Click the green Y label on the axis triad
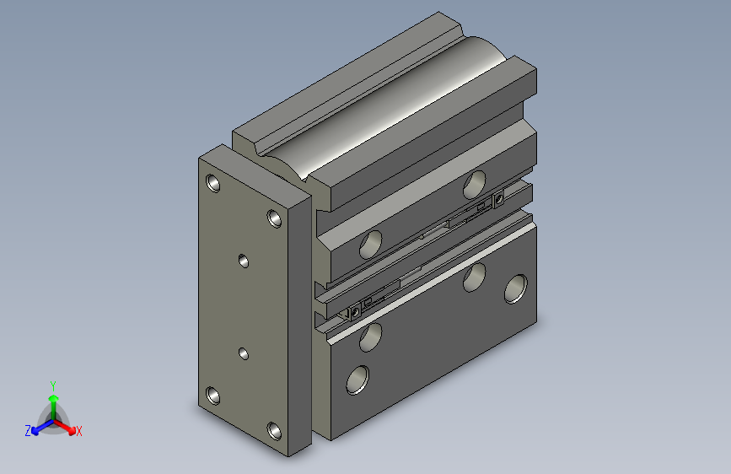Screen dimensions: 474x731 (53, 385)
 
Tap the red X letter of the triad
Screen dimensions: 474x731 (78, 432)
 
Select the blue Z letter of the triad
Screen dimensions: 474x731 (28, 431)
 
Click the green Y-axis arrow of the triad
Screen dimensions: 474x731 (53, 400)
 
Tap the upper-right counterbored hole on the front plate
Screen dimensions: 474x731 (274, 218)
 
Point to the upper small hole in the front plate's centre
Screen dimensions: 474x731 (244, 261)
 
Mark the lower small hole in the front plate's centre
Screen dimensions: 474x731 (244, 353)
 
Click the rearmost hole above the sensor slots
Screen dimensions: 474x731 (476, 180)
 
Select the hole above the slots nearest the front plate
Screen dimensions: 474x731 (369, 245)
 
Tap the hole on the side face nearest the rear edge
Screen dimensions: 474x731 (515, 288)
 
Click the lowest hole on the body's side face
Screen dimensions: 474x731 (357, 380)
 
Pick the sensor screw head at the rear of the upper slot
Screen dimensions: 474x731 (499, 199)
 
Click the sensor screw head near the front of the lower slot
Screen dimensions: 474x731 (354, 312)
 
